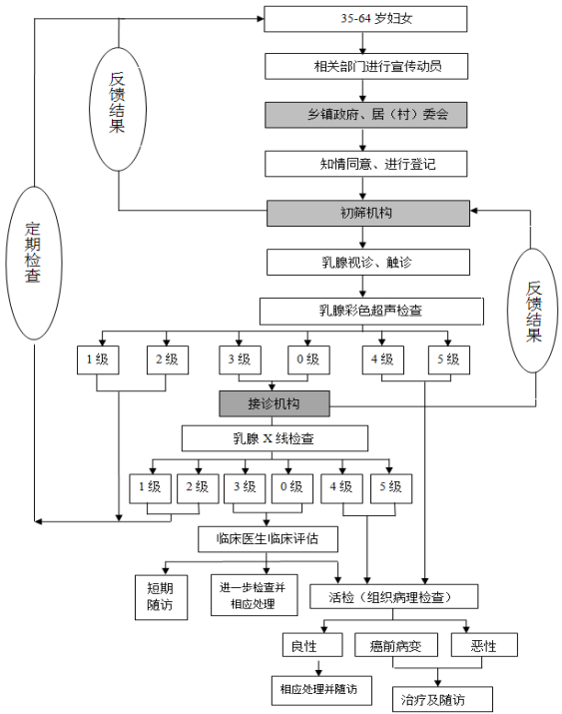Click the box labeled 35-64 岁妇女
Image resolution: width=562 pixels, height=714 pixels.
click(365, 19)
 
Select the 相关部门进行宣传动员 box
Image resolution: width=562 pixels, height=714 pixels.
click(366, 67)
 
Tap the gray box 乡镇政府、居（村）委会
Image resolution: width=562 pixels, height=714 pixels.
click(366, 115)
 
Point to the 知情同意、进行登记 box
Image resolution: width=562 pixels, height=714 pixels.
click(366, 164)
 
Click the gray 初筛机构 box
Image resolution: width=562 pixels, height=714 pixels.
click(368, 213)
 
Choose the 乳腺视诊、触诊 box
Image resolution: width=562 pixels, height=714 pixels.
click(368, 263)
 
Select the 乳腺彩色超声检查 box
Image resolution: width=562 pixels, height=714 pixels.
click(371, 312)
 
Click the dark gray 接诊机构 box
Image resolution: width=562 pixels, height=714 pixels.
click(275, 403)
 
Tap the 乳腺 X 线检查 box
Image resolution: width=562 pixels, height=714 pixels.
click(275, 438)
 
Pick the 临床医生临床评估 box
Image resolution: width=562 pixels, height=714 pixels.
click(269, 539)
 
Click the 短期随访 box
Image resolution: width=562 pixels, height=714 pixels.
click(161, 597)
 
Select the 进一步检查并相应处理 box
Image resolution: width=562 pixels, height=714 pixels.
click(255, 595)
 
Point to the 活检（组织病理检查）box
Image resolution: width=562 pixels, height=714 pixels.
click(394, 596)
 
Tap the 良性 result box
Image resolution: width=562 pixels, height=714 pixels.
click(312, 645)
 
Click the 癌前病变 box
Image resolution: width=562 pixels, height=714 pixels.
click(396, 645)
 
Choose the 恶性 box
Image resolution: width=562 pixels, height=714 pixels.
click(484, 645)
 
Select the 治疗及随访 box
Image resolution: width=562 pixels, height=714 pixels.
click(443, 699)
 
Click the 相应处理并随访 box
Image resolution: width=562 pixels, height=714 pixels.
click(321, 691)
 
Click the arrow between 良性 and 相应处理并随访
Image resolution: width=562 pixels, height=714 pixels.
click(318, 667)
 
